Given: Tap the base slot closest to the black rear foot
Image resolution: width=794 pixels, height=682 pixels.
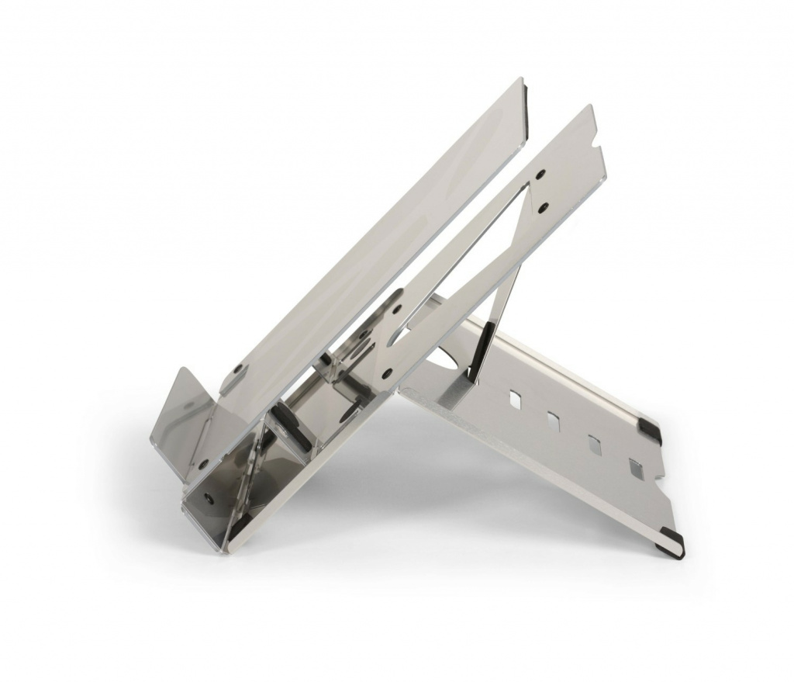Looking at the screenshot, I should point(635,467).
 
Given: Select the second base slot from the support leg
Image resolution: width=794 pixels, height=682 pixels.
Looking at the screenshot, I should point(554,420).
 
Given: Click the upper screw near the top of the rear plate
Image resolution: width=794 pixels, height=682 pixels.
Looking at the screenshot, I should point(540,175).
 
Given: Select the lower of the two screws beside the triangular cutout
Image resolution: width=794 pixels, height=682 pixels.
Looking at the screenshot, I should point(544,207).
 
